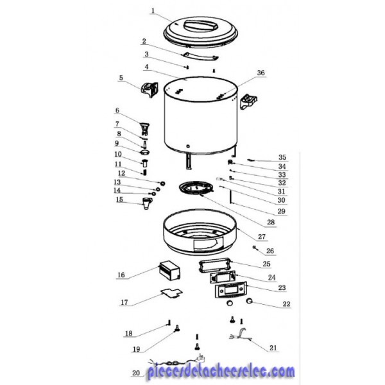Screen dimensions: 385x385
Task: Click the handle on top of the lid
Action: click(201, 26)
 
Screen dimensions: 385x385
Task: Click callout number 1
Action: click(153, 10)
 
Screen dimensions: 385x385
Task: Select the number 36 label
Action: click(261, 73)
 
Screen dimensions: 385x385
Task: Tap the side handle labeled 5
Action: click(150, 89)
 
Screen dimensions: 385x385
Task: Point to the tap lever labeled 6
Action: click(144, 128)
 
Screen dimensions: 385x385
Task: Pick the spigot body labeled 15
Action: click(147, 203)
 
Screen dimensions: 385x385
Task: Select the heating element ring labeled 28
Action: click(196, 188)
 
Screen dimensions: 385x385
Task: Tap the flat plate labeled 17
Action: click(172, 293)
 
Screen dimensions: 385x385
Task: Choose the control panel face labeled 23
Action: click(231, 290)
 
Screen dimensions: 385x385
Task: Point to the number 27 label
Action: click(262, 236)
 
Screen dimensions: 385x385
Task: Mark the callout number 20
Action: click(136, 373)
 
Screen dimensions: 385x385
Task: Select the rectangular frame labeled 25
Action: click(215, 265)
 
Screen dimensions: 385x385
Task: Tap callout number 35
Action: click(282, 157)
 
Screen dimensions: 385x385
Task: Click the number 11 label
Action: click(118, 164)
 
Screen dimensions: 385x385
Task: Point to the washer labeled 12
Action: click(162, 183)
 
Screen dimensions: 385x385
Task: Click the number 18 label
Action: click(129, 333)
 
